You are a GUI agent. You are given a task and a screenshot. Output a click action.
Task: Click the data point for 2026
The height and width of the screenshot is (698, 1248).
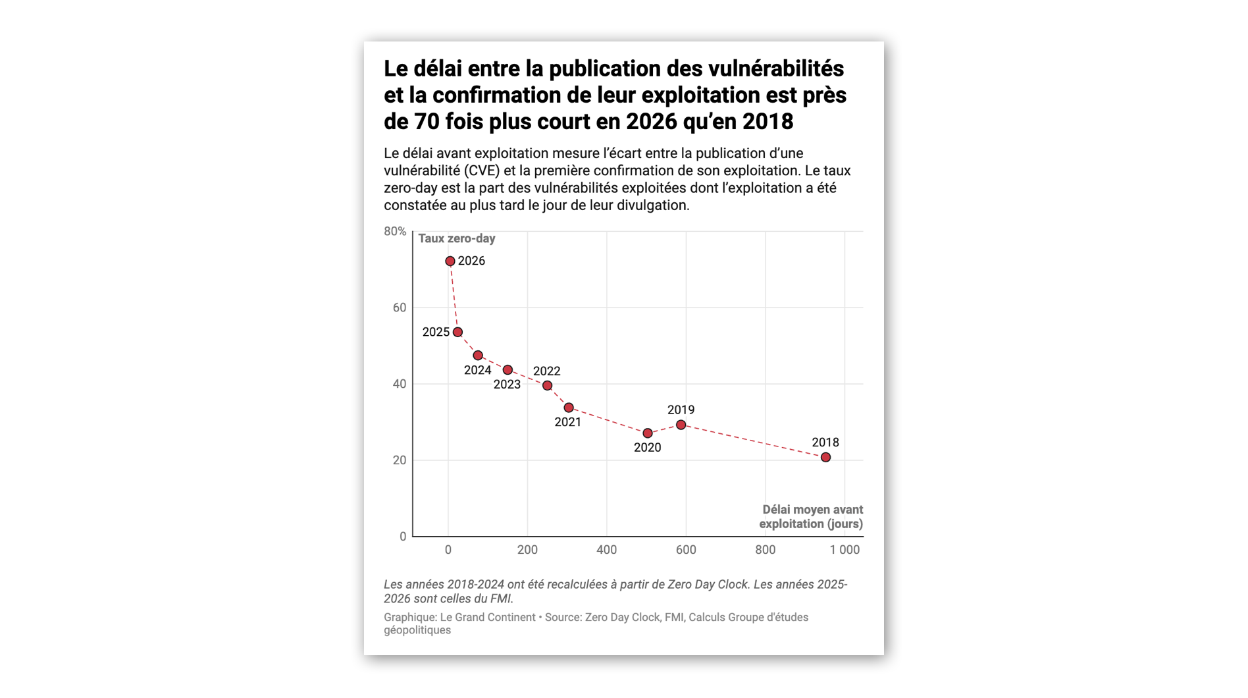[450, 261]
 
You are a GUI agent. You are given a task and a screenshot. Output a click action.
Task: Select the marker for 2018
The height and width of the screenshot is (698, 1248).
[825, 458]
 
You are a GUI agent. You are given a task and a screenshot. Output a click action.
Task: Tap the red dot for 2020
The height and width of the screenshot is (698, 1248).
[648, 433]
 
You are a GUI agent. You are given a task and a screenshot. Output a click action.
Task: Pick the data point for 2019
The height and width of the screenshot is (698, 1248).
[681, 425]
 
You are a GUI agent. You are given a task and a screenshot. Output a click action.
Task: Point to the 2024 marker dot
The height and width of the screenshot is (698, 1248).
[478, 356]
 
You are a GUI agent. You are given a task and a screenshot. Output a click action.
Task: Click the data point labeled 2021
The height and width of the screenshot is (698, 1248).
[569, 408]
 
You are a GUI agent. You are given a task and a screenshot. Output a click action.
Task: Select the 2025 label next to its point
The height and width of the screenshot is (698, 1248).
[436, 333]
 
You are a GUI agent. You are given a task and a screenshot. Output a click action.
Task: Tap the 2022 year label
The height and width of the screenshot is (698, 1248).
[546, 371]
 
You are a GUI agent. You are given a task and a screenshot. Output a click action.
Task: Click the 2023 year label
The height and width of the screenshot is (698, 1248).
[507, 385]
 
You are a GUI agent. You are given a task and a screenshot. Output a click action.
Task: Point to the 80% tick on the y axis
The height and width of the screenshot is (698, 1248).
[395, 232]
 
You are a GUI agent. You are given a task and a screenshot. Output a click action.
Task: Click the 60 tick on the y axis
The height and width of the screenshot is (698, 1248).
[400, 308]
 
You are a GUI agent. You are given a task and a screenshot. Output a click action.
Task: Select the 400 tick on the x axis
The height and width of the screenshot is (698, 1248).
[607, 550]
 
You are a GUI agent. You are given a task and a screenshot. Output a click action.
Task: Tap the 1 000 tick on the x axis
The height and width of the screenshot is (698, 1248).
[845, 550]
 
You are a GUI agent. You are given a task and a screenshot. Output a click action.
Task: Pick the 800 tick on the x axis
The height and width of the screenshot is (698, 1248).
[766, 550]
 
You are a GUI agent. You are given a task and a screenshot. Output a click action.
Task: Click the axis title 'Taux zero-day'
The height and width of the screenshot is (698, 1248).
[457, 239]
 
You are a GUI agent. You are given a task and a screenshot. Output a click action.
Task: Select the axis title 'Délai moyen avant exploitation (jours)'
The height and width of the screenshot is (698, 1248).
[812, 517]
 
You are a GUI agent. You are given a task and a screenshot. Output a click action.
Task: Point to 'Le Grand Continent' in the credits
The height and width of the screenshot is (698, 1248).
[488, 618]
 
